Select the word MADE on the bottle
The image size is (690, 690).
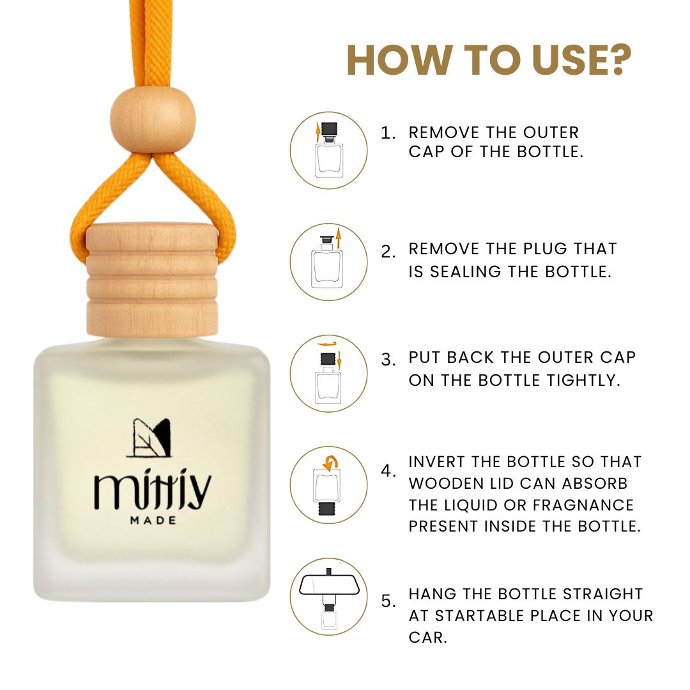(x=153, y=521)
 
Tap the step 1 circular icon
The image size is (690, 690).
(x=329, y=151)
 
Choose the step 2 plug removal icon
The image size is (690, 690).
(x=329, y=263)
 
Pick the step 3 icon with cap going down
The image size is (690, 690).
(x=329, y=374)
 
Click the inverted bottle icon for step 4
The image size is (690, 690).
(x=329, y=485)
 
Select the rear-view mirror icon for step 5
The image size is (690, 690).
(x=329, y=597)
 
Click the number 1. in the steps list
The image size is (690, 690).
(x=388, y=133)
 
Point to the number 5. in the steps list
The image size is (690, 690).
(x=388, y=601)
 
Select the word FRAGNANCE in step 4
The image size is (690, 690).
(x=583, y=505)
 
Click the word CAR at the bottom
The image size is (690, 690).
(x=427, y=638)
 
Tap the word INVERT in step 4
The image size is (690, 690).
(x=436, y=462)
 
